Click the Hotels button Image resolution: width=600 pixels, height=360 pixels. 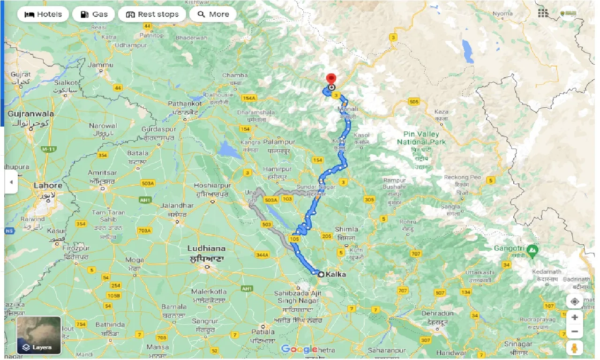point(43,14)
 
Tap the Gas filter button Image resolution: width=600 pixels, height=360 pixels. point(94,14)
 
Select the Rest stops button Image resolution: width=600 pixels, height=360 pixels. point(152,14)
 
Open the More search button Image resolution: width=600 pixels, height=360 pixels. point(213,14)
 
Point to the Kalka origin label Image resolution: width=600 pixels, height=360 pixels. point(336,274)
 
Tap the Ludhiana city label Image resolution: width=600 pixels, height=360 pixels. point(206,248)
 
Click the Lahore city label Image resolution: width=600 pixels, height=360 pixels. point(48,186)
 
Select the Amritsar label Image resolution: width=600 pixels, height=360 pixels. point(102,172)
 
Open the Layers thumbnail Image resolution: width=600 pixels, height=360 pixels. point(39,335)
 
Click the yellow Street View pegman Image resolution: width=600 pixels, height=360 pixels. point(575,348)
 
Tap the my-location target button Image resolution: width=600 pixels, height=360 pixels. point(575,301)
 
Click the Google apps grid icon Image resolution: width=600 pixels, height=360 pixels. point(543,13)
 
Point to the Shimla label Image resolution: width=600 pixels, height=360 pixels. point(347,230)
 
